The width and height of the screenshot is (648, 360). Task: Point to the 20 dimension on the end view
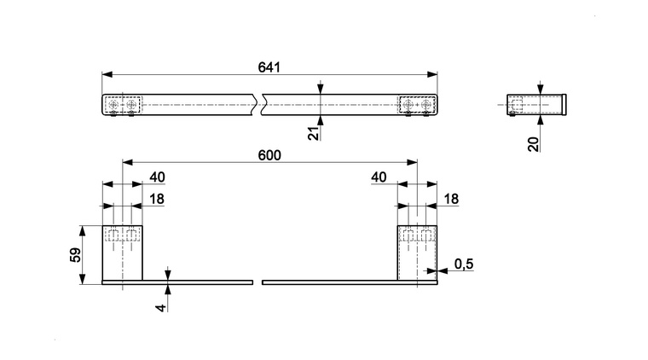point(534,142)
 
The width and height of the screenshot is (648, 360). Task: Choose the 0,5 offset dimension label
point(464,264)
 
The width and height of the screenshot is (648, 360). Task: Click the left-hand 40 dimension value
point(157,177)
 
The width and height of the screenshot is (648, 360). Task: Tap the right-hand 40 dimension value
point(380,177)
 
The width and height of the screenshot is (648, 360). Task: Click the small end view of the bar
point(536,103)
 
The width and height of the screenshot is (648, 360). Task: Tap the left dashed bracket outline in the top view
point(123,104)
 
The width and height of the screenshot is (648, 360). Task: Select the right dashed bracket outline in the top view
point(417,104)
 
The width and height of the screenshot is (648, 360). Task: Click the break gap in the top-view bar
point(259,104)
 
